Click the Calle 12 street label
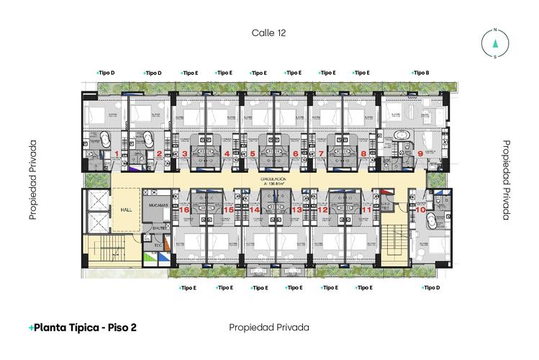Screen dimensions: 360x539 click(x=269, y=32)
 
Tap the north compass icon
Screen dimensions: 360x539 click(x=495, y=42)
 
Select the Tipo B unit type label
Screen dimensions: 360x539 click(x=421, y=73)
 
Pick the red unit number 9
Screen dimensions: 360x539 click(x=420, y=153)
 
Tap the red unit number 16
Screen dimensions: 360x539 click(x=184, y=210)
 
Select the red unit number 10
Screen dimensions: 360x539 click(x=420, y=210)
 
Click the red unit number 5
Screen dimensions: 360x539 click(x=253, y=153)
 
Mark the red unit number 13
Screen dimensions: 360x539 click(x=296, y=210)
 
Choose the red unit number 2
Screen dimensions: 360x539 click(x=159, y=153)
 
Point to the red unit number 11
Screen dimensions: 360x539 click(x=366, y=210)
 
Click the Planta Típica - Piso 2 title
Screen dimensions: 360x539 click(x=83, y=328)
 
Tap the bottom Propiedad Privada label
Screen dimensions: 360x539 click(x=269, y=328)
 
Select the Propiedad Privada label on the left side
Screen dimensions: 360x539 click(x=33, y=181)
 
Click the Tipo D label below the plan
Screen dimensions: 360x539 click(x=430, y=288)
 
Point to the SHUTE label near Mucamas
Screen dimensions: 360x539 click(x=158, y=228)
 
